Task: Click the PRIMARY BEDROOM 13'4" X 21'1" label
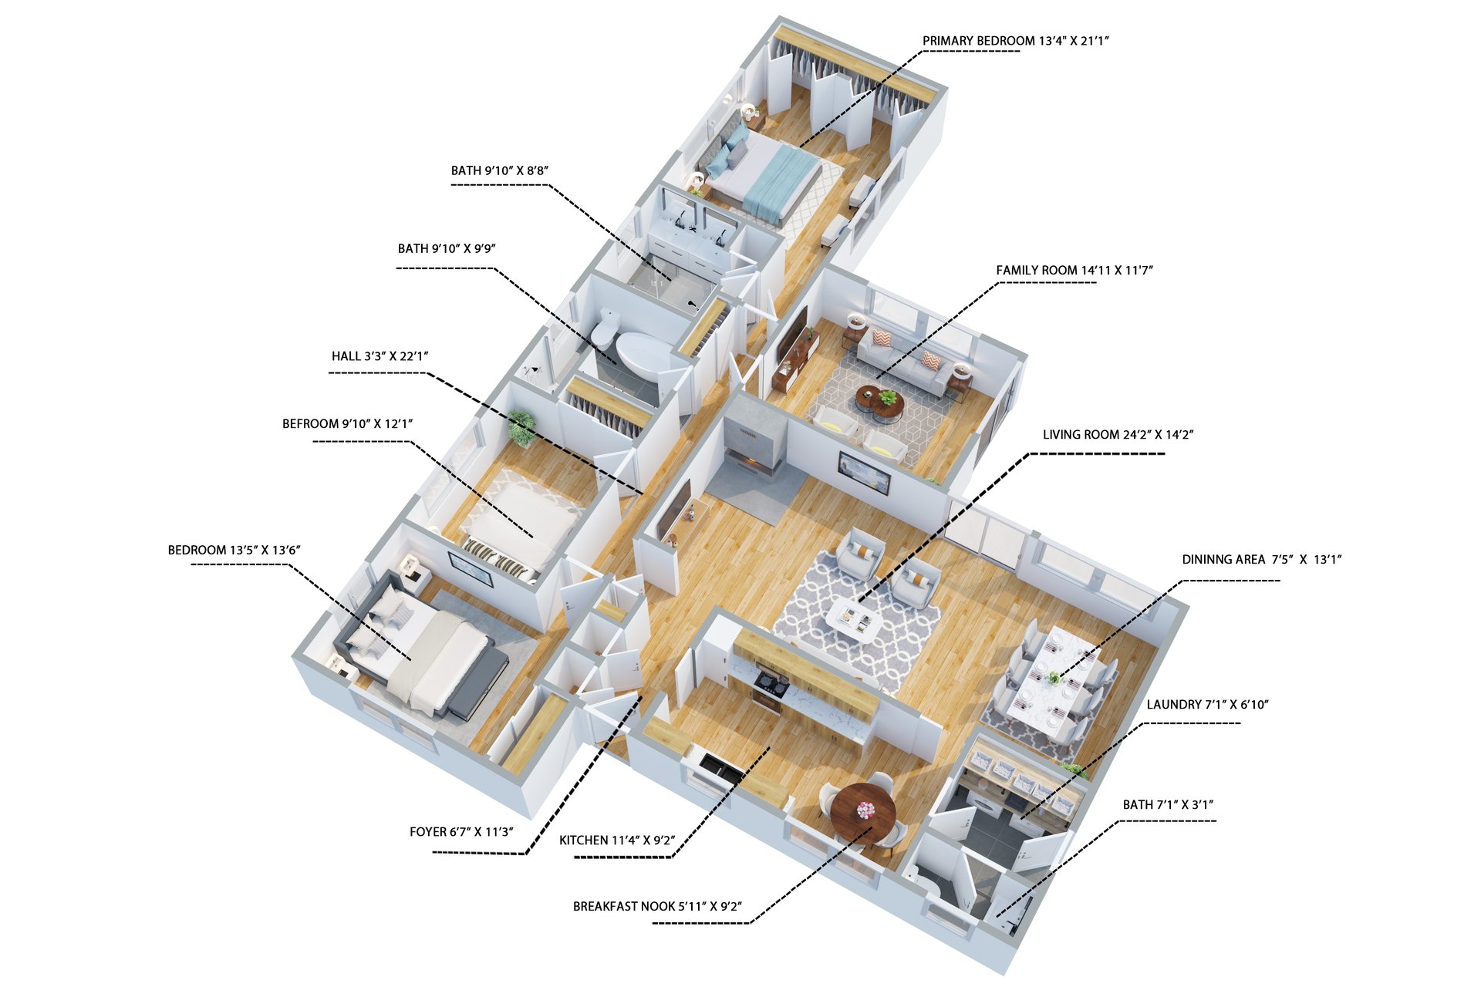1015,41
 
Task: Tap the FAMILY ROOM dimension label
1074,270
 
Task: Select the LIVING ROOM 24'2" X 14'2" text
1118,435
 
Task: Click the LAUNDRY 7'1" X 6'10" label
1207,705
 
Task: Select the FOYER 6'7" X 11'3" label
461,832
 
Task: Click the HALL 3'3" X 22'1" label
380,356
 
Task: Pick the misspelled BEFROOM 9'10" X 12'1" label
347,424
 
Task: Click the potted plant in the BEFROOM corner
521,429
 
